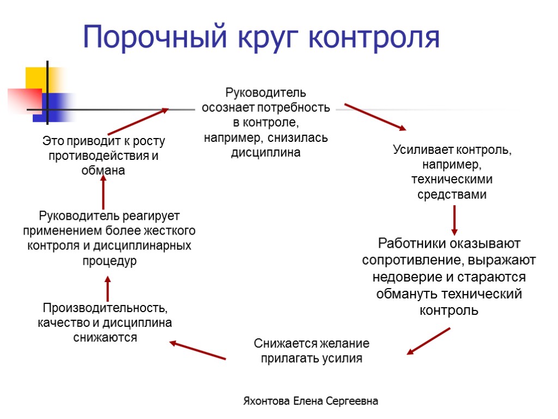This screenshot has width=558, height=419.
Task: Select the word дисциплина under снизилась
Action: (x=266, y=153)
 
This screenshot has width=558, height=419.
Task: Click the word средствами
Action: (x=452, y=194)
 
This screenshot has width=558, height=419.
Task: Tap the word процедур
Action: (x=110, y=261)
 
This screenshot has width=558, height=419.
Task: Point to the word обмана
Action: (x=103, y=170)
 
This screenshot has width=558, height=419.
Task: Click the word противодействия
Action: (x=95, y=156)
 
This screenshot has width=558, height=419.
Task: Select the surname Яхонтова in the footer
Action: (x=267, y=402)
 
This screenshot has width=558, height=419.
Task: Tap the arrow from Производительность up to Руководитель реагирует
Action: (x=107, y=289)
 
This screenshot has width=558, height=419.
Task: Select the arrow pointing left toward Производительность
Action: (x=197, y=350)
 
